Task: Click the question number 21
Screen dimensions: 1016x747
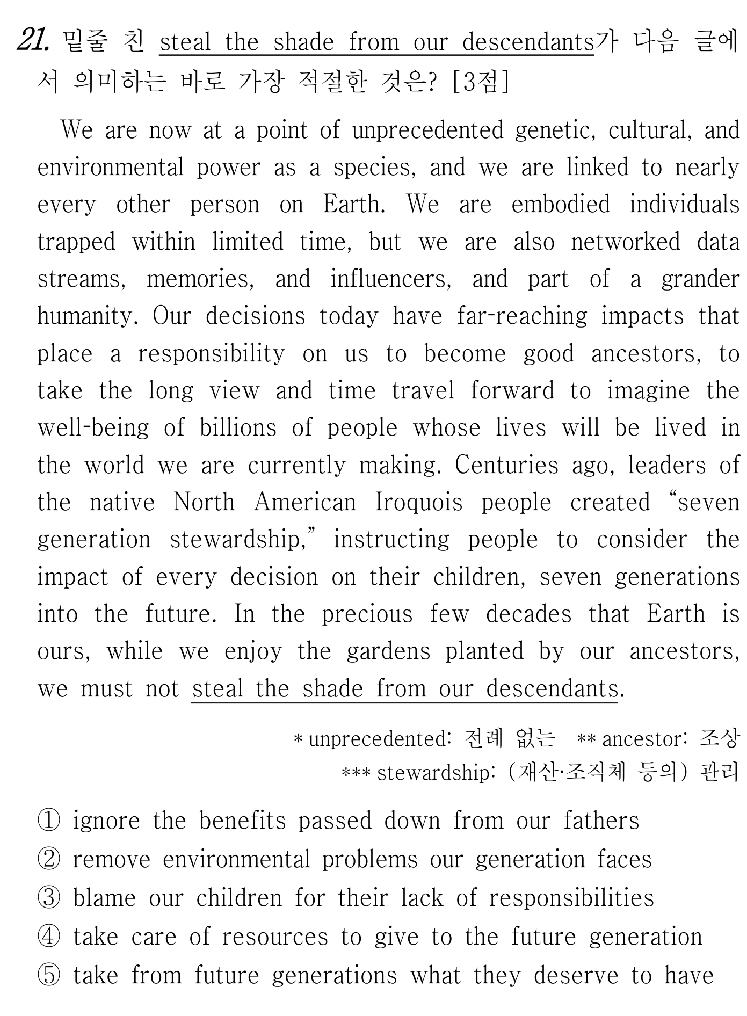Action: coord(33,41)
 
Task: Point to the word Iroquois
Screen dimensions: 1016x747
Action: coord(418,503)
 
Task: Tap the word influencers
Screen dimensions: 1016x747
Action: coord(390,279)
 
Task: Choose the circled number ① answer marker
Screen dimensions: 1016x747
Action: coord(49,821)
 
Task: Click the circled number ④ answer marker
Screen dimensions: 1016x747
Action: coord(49,937)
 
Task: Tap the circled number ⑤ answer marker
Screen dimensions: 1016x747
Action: coord(49,976)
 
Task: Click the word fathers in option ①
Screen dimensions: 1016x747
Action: coord(601,821)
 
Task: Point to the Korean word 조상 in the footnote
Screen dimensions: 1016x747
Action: coord(720,739)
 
